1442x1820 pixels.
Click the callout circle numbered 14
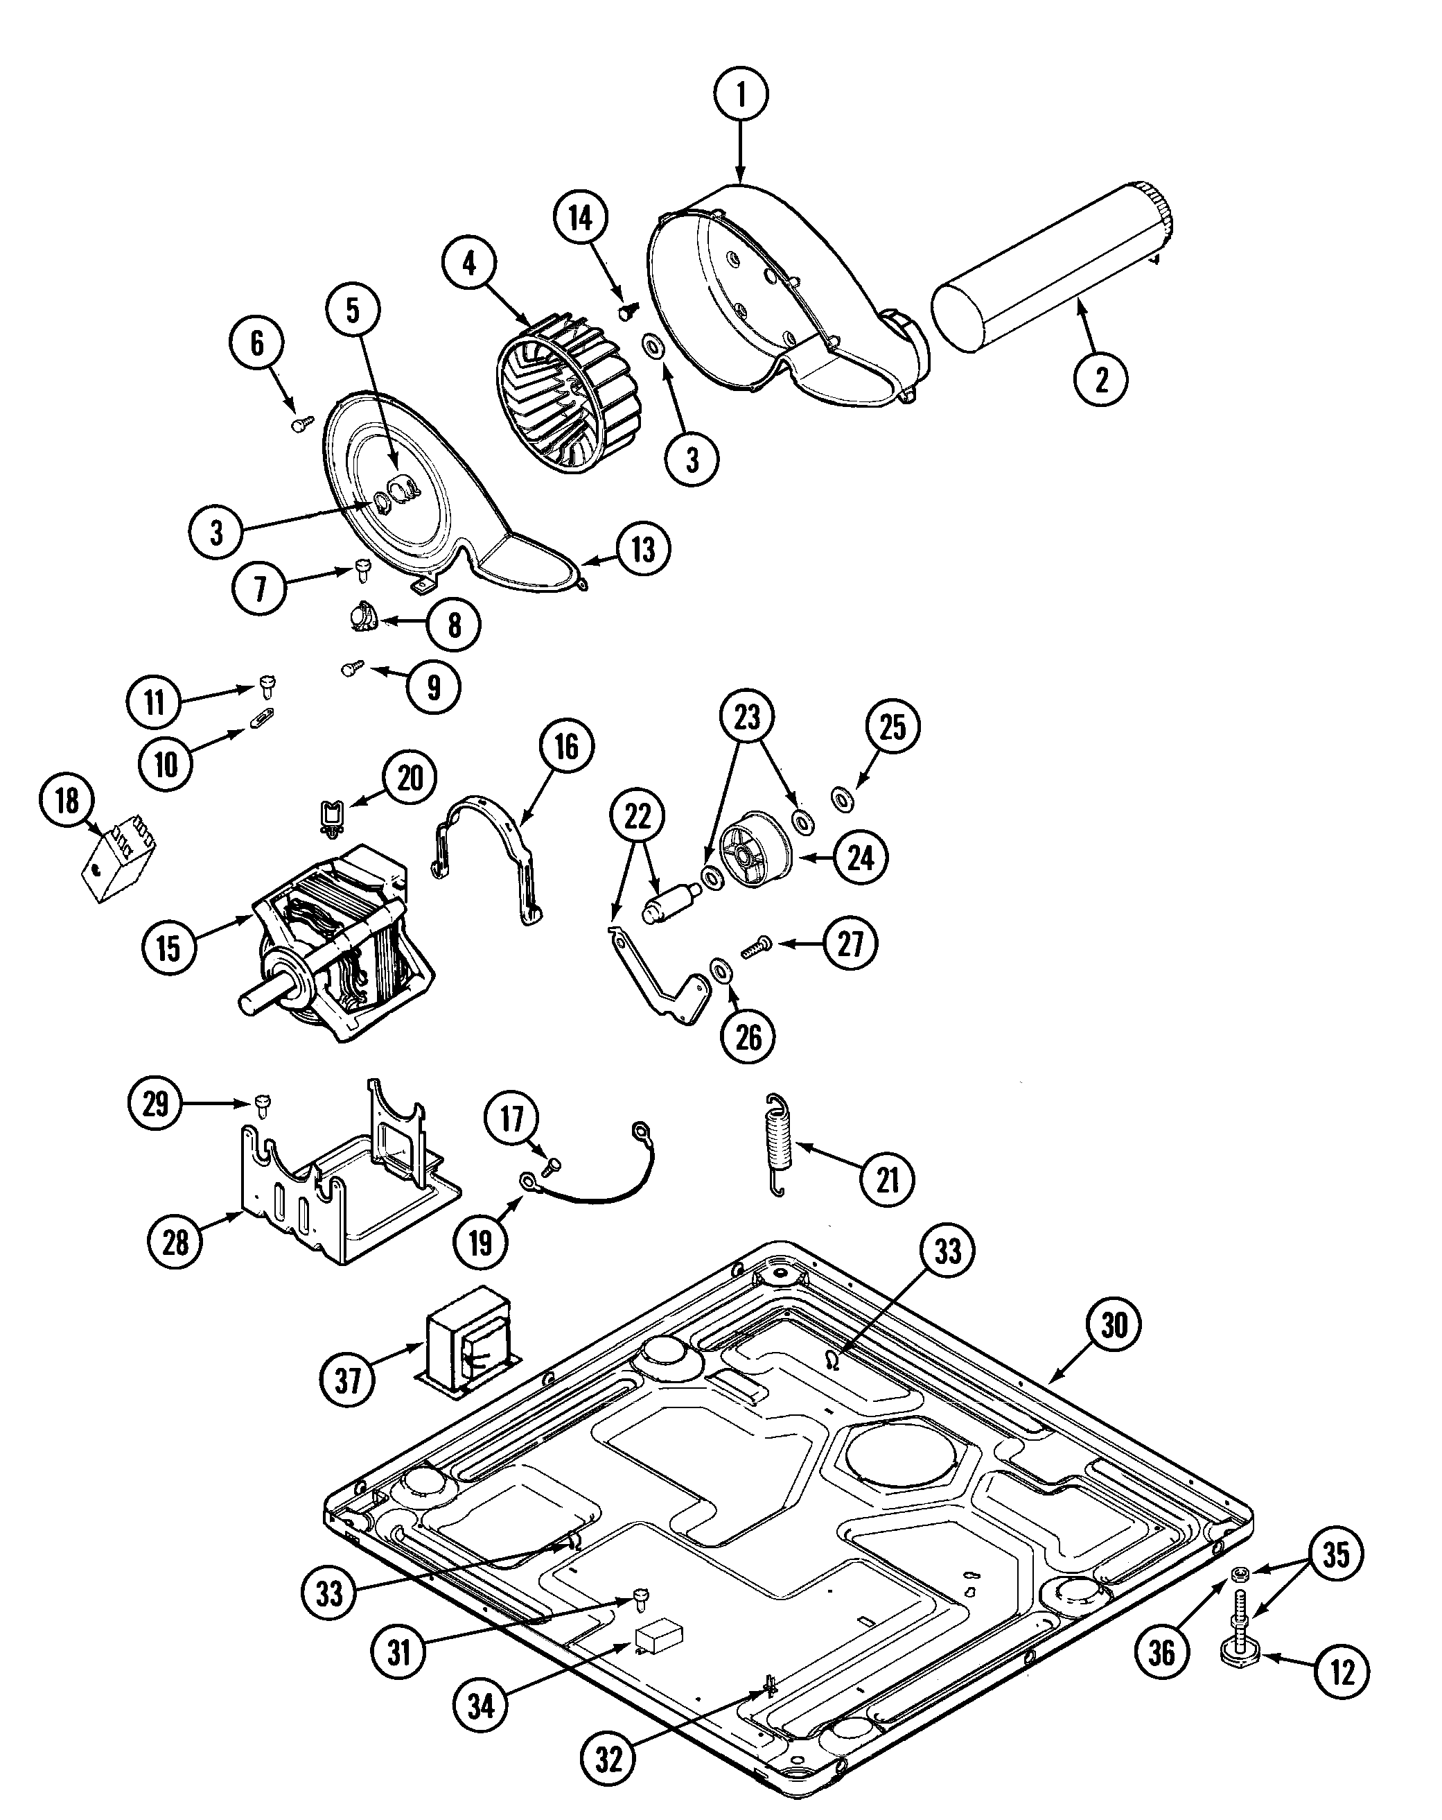pyautogui.click(x=581, y=218)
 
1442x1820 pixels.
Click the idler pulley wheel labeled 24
pyautogui.click(x=756, y=851)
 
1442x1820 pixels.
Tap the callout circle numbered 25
pyautogui.click(x=892, y=726)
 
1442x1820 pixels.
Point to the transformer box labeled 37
pyautogui.click(x=468, y=1343)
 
